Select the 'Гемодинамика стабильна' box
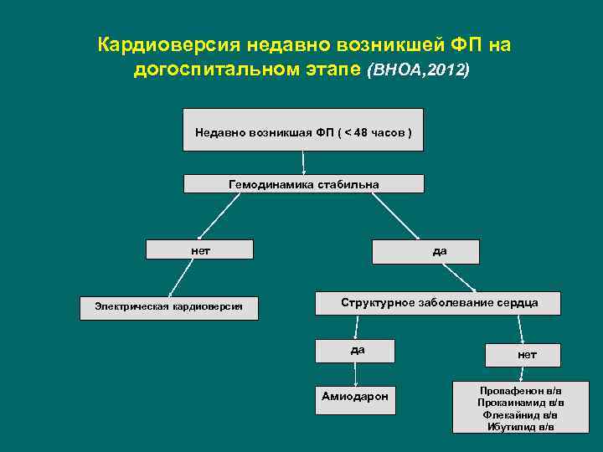point(303,183)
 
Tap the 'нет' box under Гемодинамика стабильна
point(199,249)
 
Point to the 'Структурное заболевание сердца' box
point(438,302)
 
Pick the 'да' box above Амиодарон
point(356,350)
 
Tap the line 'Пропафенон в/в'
point(521,391)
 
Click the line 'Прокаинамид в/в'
point(521,403)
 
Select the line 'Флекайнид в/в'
point(521,414)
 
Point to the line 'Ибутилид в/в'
point(521,426)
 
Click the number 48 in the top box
point(361,132)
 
